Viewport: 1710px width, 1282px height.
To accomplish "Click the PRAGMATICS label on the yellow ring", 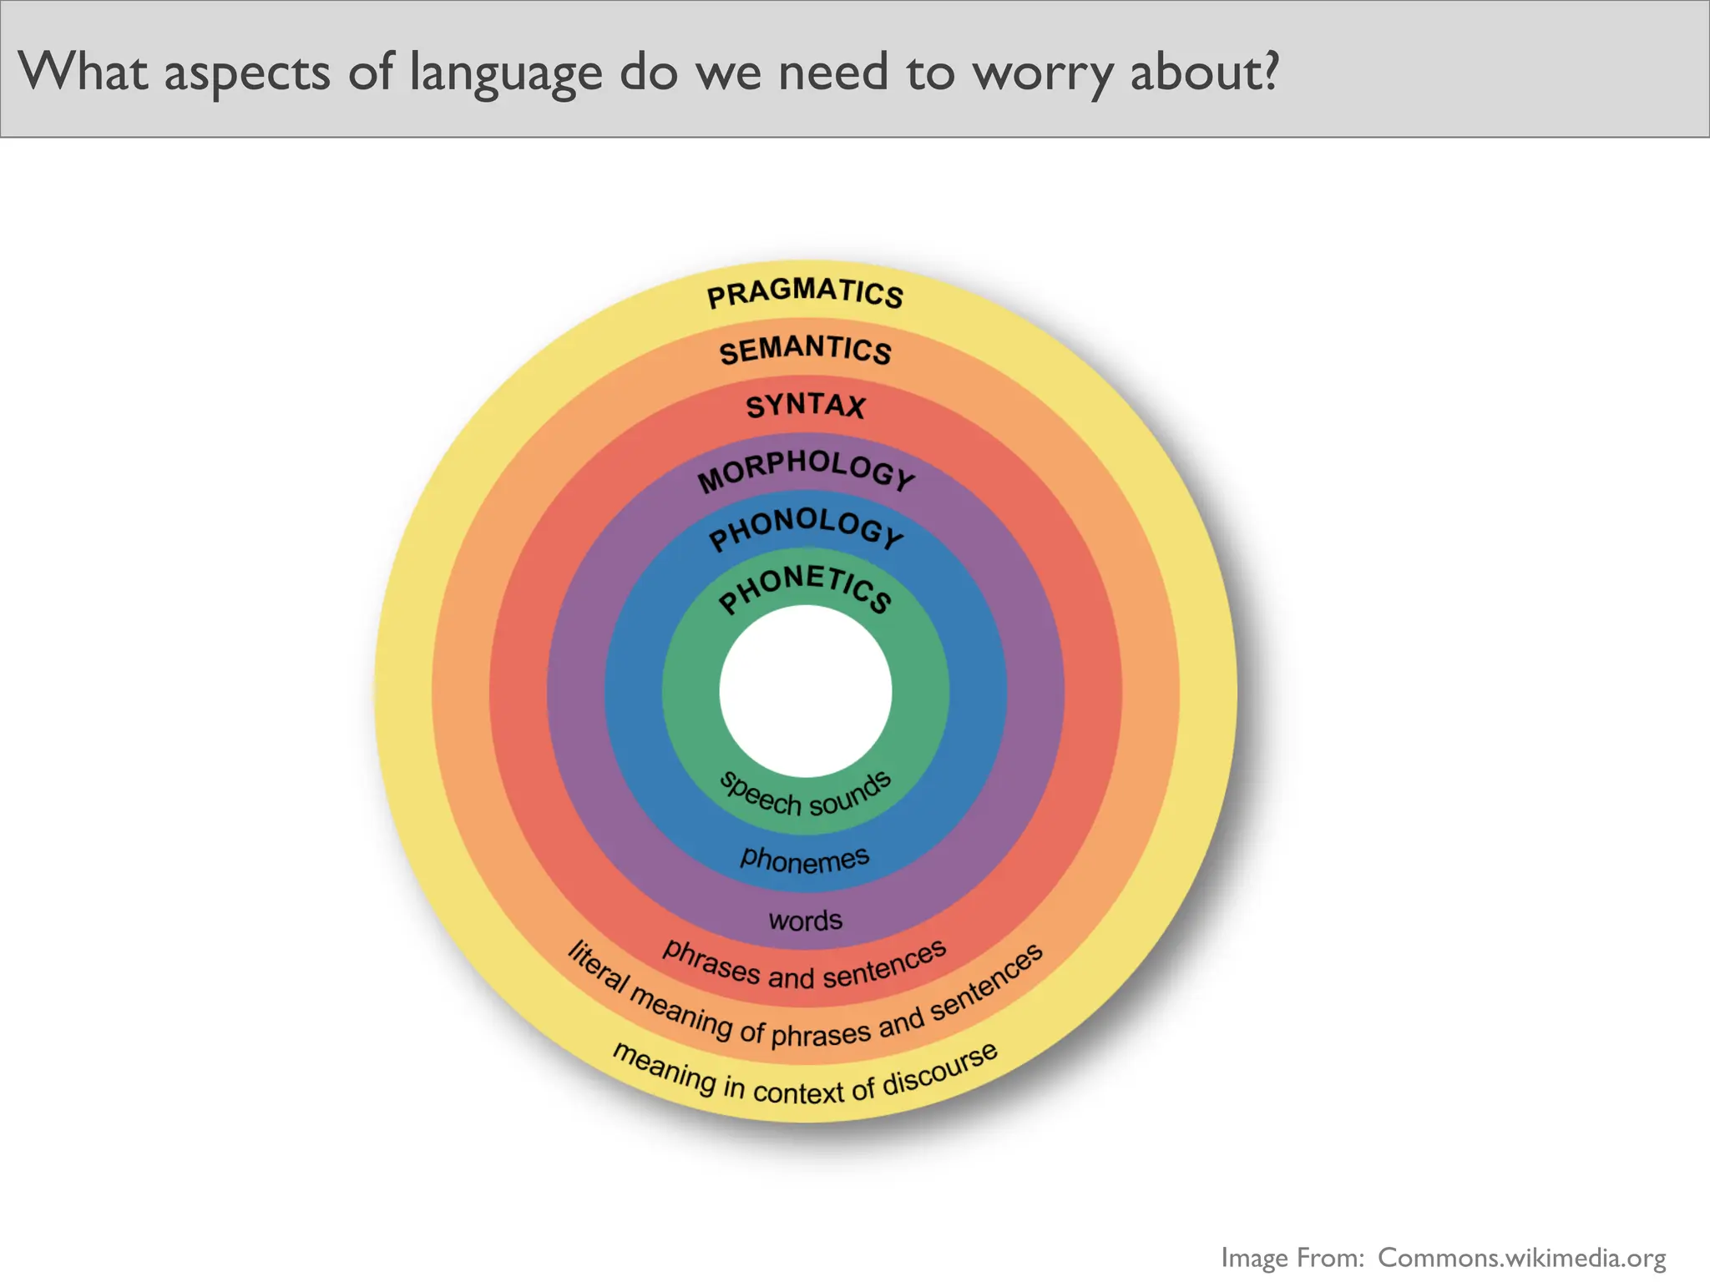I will tap(805, 293).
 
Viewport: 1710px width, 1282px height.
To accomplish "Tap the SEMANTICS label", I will tap(805, 350).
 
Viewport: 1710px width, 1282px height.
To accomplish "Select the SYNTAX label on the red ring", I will tap(805, 406).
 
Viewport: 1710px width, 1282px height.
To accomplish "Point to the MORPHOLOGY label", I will tap(806, 470).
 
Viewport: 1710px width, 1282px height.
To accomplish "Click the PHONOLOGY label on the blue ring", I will tap(806, 527).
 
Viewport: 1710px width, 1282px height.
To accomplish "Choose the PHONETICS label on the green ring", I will tap(805, 588).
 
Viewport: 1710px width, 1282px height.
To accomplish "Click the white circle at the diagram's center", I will tap(805, 691).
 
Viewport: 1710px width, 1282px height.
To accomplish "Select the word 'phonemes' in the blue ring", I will tap(805, 859).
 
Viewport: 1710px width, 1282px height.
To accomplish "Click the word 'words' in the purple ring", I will tap(805, 921).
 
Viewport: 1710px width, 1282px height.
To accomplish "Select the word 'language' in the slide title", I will tap(505, 73).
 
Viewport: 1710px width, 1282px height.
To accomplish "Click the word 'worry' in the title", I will tap(1044, 73).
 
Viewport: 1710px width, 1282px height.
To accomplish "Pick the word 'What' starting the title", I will tap(83, 71).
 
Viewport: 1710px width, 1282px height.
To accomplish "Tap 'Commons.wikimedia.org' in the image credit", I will tap(1521, 1257).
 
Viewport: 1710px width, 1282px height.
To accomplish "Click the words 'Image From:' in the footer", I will tap(1293, 1257).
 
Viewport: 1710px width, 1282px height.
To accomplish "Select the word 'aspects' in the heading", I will tap(247, 73).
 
